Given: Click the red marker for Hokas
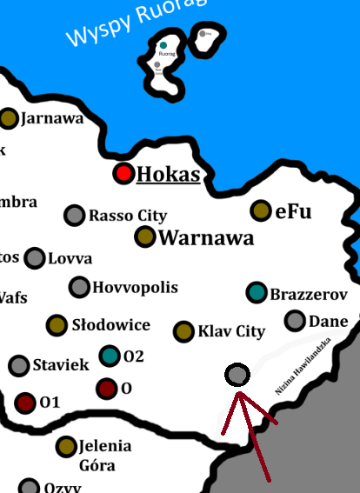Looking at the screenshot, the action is point(124,174).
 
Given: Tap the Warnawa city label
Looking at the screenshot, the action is point(207,237).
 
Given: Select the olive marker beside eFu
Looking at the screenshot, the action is point(260,210).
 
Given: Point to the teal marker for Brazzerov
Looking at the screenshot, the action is point(256,293).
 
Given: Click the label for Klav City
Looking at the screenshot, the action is point(231,331).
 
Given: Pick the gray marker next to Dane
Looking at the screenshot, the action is point(295,321).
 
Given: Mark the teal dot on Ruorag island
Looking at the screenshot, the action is point(163,45).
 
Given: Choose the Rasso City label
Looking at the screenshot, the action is point(128,216).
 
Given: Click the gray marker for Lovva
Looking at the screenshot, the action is point(35,258).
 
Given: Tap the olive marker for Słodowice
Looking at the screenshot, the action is point(57,325).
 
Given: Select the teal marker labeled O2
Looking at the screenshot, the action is point(110,356).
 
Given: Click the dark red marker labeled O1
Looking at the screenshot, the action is point(25,403).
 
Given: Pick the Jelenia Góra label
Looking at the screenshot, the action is point(104,455).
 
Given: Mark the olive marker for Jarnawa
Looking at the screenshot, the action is point(9,118).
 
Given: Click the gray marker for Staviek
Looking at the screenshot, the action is point(19,365).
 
